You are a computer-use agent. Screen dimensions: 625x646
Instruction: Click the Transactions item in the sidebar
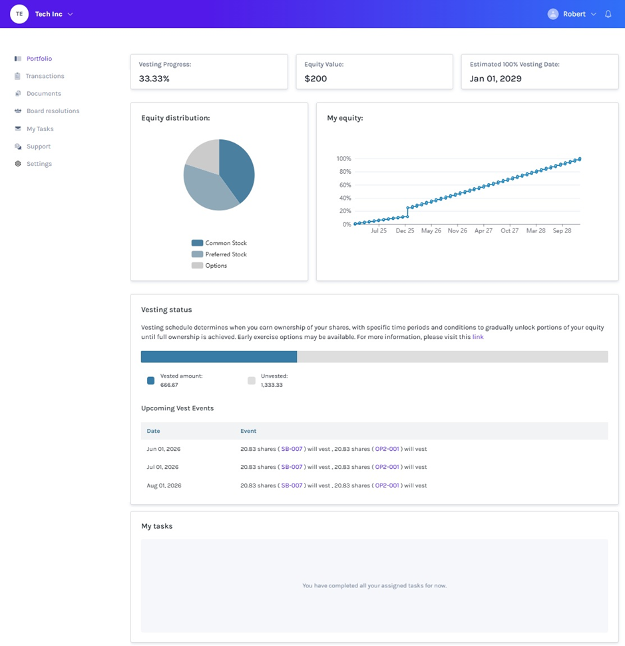[45, 76]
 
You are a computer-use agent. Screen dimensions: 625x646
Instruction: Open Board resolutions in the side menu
[53, 111]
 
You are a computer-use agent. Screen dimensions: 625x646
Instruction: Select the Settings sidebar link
[39, 164]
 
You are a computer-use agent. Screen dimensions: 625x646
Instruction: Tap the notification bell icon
[608, 14]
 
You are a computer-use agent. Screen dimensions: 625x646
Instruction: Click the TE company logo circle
[19, 14]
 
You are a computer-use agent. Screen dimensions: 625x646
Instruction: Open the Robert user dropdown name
[574, 14]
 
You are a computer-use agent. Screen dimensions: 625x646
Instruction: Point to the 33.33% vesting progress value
[154, 79]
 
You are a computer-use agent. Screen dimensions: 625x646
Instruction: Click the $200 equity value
[315, 79]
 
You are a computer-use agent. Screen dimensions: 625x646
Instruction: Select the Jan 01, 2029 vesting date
[496, 79]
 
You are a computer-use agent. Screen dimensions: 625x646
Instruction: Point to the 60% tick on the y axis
[345, 185]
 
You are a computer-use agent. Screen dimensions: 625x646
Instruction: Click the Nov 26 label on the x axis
[457, 230]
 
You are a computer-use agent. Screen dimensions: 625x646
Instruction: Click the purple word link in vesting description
[478, 337]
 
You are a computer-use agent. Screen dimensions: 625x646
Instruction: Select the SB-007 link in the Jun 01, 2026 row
[292, 449]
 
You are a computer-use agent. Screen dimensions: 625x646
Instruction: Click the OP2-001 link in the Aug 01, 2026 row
[387, 485]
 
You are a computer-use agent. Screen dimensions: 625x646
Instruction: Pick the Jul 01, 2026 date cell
[162, 468]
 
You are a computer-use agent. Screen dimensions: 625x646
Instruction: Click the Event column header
[248, 431]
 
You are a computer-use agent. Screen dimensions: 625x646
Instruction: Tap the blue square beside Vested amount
[150, 381]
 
